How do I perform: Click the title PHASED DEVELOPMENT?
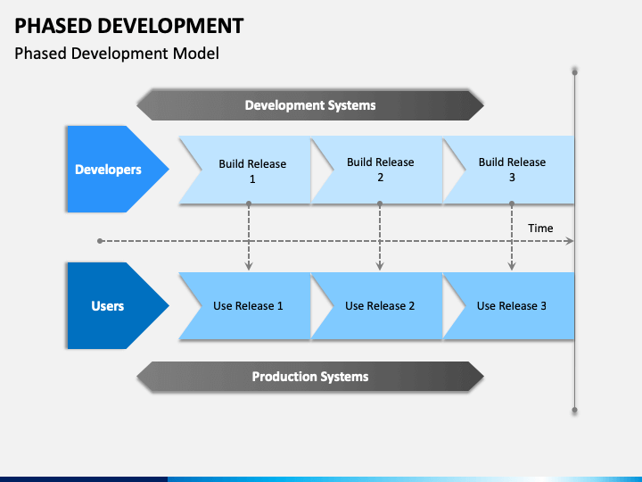[x=129, y=26]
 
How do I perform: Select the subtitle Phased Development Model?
[x=117, y=54]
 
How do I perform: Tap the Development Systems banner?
[x=310, y=105]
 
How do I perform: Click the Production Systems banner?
[x=310, y=377]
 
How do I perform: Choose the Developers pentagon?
[x=115, y=169]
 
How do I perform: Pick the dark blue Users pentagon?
[x=115, y=306]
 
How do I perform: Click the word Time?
[x=540, y=228]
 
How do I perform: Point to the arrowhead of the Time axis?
[x=570, y=241]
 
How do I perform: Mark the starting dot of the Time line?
[x=100, y=241]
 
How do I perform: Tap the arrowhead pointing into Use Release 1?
[x=249, y=266]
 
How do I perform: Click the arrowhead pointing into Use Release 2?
[x=380, y=266]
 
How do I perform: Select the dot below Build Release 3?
[x=512, y=204]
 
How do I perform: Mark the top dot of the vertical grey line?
[x=575, y=72]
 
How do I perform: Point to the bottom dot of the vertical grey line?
[x=575, y=410]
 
